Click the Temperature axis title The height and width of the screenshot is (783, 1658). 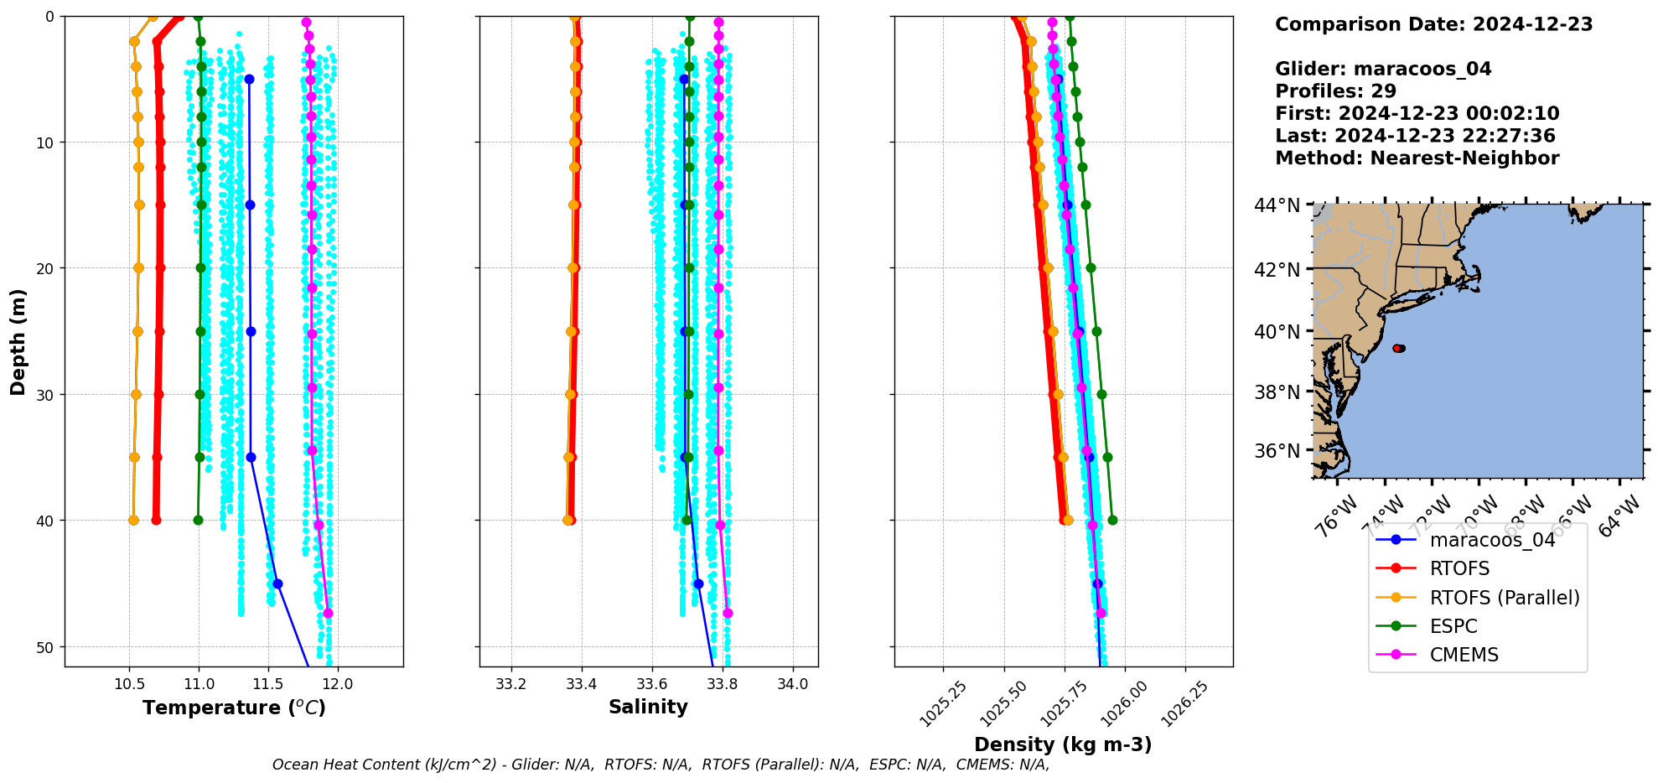pos(234,708)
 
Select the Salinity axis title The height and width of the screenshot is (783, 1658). pos(648,708)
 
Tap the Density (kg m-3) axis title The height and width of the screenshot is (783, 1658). pos(1063,744)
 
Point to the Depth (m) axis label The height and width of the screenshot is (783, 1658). pos(18,341)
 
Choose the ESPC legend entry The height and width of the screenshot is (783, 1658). pos(1453,626)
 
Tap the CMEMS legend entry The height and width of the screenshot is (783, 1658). pos(1464,655)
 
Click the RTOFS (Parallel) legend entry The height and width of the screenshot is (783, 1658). pos(1504,598)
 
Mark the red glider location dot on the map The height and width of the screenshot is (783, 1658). pos(1397,348)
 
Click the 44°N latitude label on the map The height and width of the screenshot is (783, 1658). pos(1277,205)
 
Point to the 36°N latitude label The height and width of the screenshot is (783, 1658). pos(1277,451)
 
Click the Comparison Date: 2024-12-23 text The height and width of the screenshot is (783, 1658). pos(1433,24)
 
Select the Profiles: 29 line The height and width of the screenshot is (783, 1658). pos(1335,91)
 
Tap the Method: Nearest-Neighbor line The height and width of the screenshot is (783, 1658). pos(1417,158)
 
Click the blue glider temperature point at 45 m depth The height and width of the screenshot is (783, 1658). pos(277,583)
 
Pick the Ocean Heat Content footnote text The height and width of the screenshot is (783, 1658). pos(661,765)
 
